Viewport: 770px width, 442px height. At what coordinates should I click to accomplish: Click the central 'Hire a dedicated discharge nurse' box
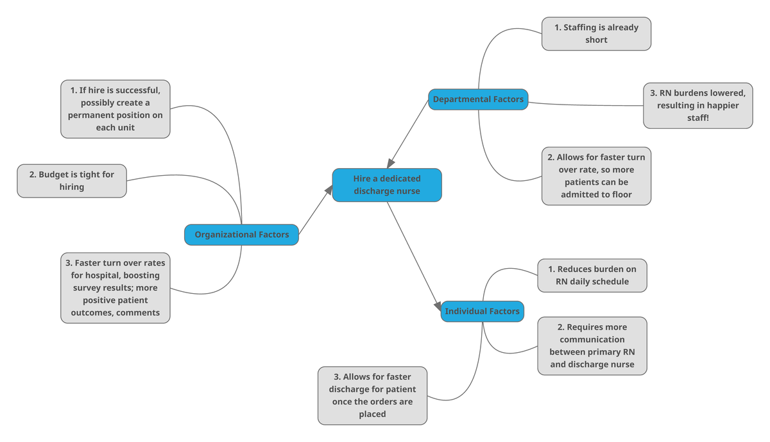386,185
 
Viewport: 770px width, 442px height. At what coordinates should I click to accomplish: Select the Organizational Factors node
241,235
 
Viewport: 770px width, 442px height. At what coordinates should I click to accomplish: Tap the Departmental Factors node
478,99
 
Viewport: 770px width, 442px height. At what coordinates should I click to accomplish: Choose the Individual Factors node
482,311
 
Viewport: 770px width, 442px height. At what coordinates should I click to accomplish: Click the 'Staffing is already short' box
596,33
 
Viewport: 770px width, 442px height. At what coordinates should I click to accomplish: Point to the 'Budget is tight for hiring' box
71,181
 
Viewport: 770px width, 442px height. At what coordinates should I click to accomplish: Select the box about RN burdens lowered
697,106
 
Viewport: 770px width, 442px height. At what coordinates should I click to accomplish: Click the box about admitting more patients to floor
596,176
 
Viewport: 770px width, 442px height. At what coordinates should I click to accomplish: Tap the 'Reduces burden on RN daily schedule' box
592,275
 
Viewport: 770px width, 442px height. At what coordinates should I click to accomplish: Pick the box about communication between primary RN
592,345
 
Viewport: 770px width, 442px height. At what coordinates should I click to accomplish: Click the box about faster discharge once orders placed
372,395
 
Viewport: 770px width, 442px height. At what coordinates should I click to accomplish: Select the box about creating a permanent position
116,109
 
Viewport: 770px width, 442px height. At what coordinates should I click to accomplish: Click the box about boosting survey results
116,287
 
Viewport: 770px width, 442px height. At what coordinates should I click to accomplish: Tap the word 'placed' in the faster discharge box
372,414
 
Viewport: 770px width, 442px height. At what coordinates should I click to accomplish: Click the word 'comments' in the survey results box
137,312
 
